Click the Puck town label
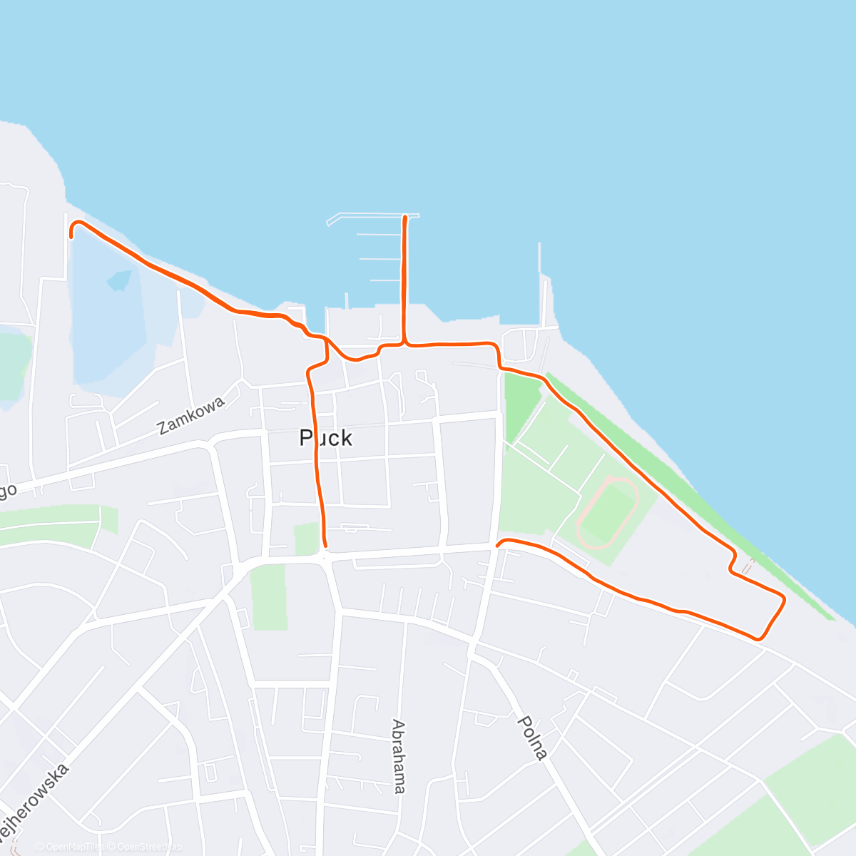[326, 437]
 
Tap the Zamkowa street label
[191, 415]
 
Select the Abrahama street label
[399, 756]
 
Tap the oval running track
[607, 513]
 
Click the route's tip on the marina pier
[405, 217]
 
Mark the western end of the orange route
[71, 236]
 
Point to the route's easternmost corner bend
[784, 599]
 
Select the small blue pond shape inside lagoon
[119, 280]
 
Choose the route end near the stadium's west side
[498, 545]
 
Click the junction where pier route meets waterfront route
[405, 345]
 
